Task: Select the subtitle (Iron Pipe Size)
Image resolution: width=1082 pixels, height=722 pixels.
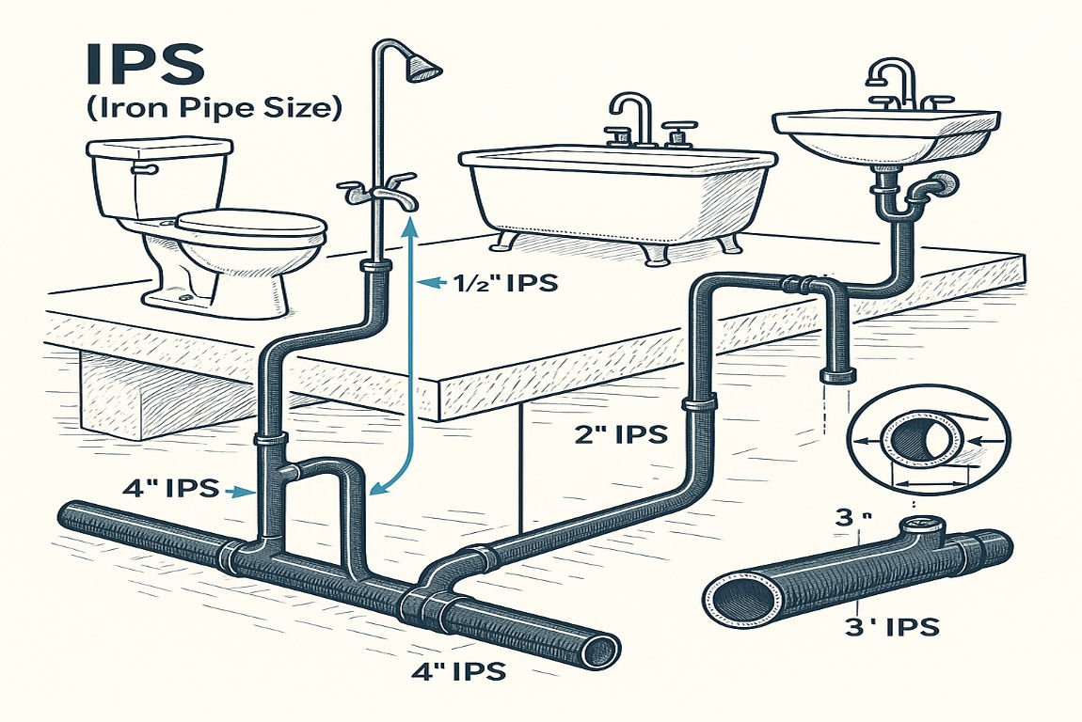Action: [213, 109]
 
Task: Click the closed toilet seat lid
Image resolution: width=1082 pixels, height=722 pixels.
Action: [250, 224]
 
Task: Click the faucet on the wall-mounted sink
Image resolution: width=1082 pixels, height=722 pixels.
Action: [894, 85]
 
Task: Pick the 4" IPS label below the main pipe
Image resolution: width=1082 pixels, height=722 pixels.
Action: [458, 671]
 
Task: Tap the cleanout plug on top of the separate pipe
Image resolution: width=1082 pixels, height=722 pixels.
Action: [918, 526]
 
